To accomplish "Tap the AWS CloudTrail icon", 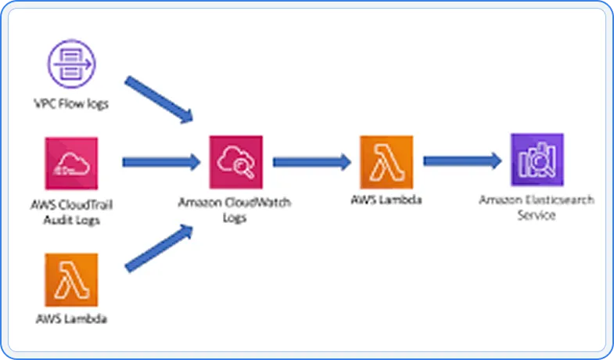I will pos(71,163).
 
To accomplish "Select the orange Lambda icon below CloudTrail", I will pos(71,279).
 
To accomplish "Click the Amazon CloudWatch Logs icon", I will pos(236,162).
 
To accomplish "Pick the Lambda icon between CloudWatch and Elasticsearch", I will pos(386,162).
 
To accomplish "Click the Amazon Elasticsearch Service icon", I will pos(537,160).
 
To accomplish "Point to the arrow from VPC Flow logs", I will pos(159,99).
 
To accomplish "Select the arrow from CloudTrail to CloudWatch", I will pos(161,162).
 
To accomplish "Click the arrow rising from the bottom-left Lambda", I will pos(159,247).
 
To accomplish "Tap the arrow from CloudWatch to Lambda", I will pos(311,162).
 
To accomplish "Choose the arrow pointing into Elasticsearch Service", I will pos(461,160).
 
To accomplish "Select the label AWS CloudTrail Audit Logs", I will pos(71,213).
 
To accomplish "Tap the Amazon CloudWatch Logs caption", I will pos(235,211).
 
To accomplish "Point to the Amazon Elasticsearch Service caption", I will pos(537,207).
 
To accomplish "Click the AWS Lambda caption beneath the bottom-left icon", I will pos(71,319).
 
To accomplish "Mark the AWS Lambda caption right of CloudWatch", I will pos(386,200).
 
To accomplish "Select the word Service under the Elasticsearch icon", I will pos(537,214).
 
